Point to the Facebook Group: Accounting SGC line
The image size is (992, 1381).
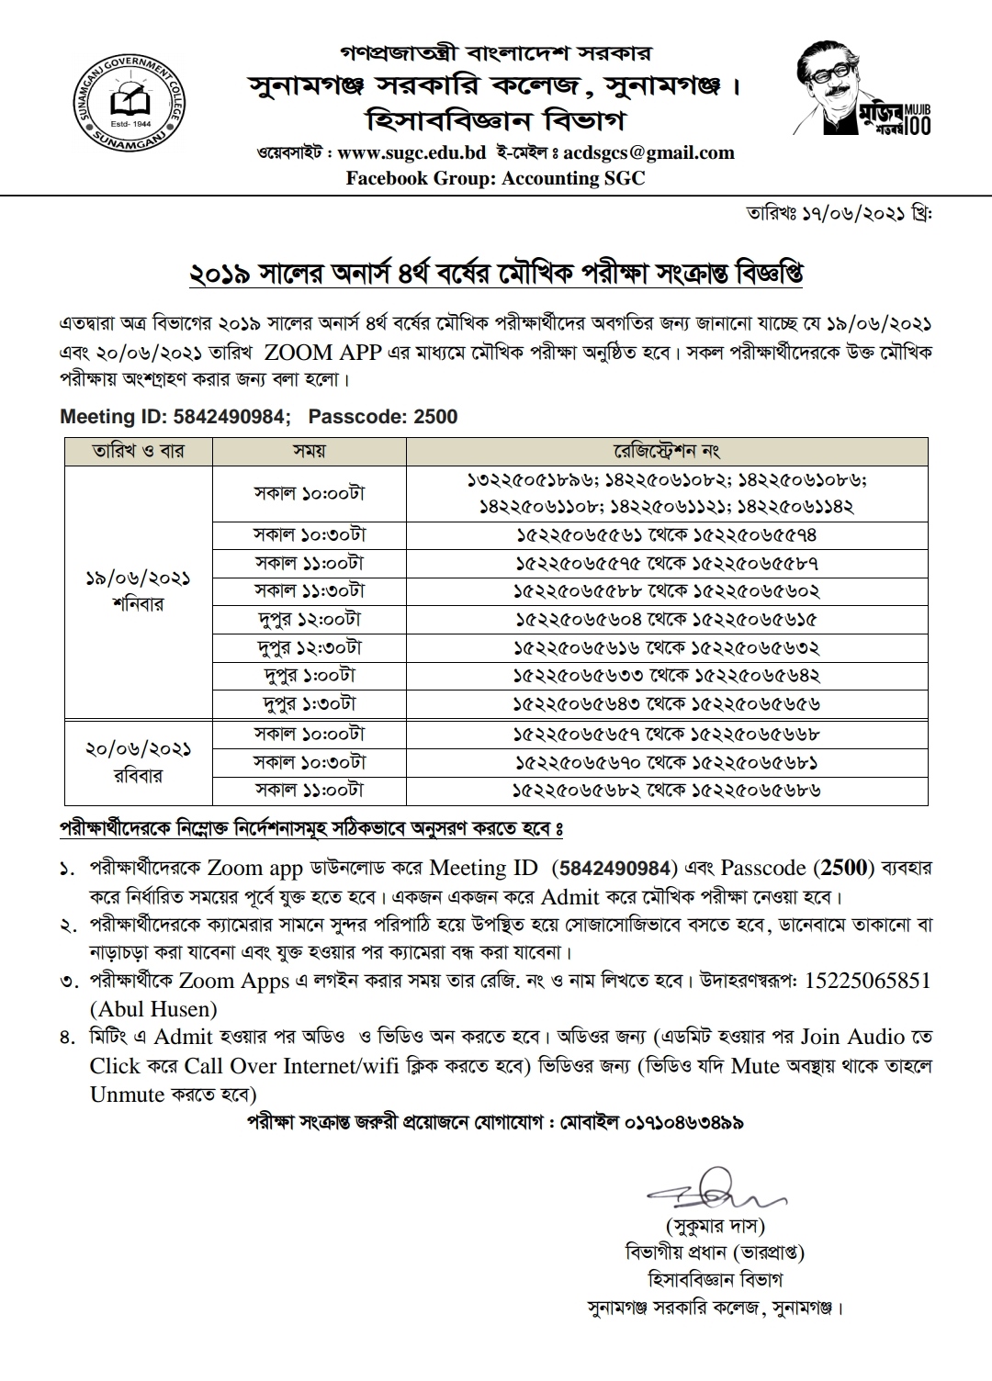pos(495,178)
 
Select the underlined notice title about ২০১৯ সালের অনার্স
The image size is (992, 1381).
pos(495,274)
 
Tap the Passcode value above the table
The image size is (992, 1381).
pos(435,417)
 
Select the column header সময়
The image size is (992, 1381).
pos(310,452)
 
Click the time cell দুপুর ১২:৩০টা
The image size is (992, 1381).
pos(310,646)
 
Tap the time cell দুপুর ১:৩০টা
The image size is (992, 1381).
pos(310,703)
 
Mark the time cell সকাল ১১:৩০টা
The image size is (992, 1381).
pos(310,590)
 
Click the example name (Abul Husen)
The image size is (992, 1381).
pos(153,1009)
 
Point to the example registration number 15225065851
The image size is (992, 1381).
pos(868,981)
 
